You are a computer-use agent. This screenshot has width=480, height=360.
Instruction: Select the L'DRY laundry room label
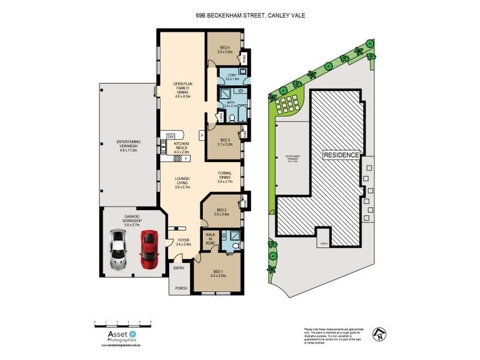tap(232, 76)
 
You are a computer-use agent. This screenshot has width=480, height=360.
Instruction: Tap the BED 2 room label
tap(221, 212)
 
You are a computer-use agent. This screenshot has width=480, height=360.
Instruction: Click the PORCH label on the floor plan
tap(181, 289)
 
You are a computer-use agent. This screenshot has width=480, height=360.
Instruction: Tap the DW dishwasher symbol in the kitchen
tap(171, 136)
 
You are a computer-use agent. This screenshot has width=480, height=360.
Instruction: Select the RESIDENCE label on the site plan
tap(341, 155)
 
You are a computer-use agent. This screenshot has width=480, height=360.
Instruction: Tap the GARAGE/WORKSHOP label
tap(132, 218)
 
